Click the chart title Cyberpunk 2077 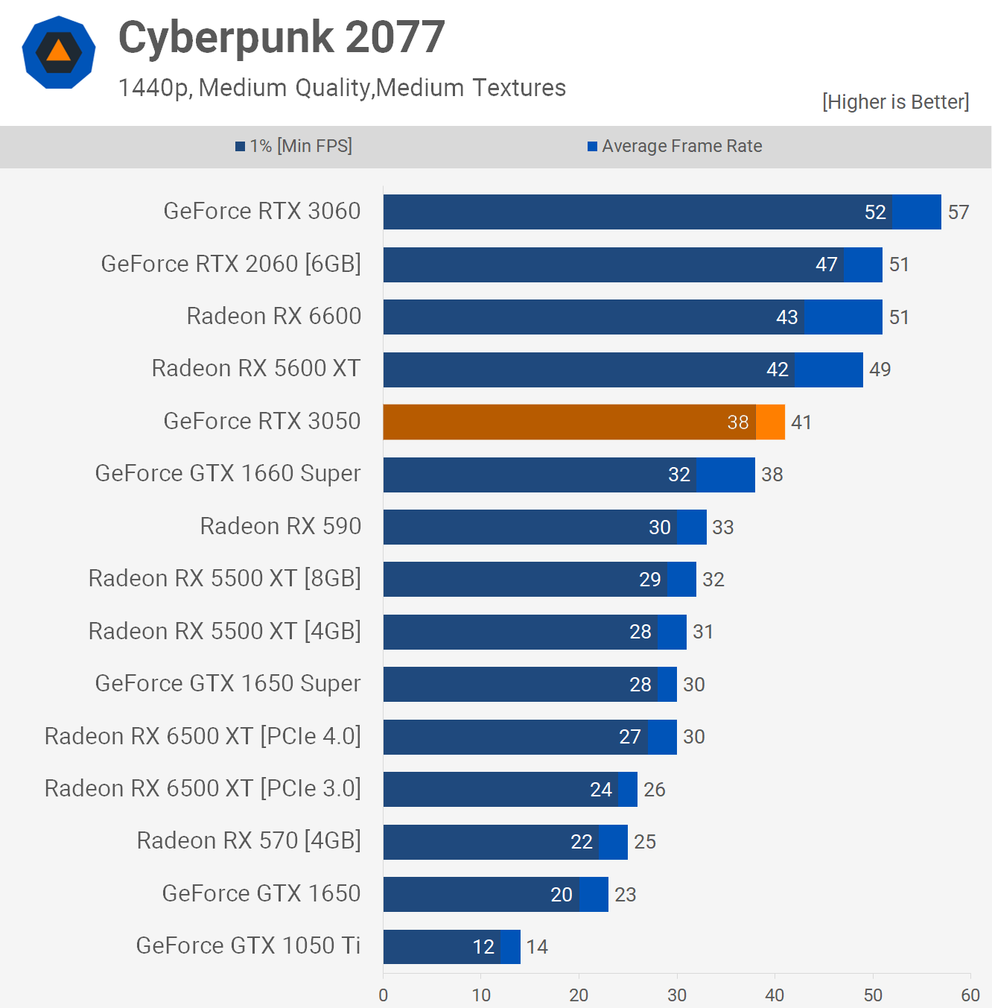click(x=282, y=37)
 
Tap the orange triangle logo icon click(x=59, y=51)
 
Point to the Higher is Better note click(x=895, y=102)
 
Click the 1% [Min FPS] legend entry click(x=294, y=146)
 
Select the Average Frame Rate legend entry click(x=675, y=146)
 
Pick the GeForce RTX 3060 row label click(x=262, y=212)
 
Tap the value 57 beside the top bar click(x=958, y=212)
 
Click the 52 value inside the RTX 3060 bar click(x=875, y=212)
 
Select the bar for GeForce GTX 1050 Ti click(x=451, y=947)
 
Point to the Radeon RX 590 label click(x=281, y=527)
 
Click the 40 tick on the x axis click(x=775, y=995)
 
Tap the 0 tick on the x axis click(x=384, y=995)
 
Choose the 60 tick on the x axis click(x=970, y=995)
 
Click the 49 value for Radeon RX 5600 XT click(x=880, y=370)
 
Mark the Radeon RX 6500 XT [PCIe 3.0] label click(x=203, y=789)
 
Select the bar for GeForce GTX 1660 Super click(x=569, y=475)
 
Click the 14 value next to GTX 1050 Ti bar click(x=537, y=947)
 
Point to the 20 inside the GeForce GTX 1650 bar click(x=562, y=895)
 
